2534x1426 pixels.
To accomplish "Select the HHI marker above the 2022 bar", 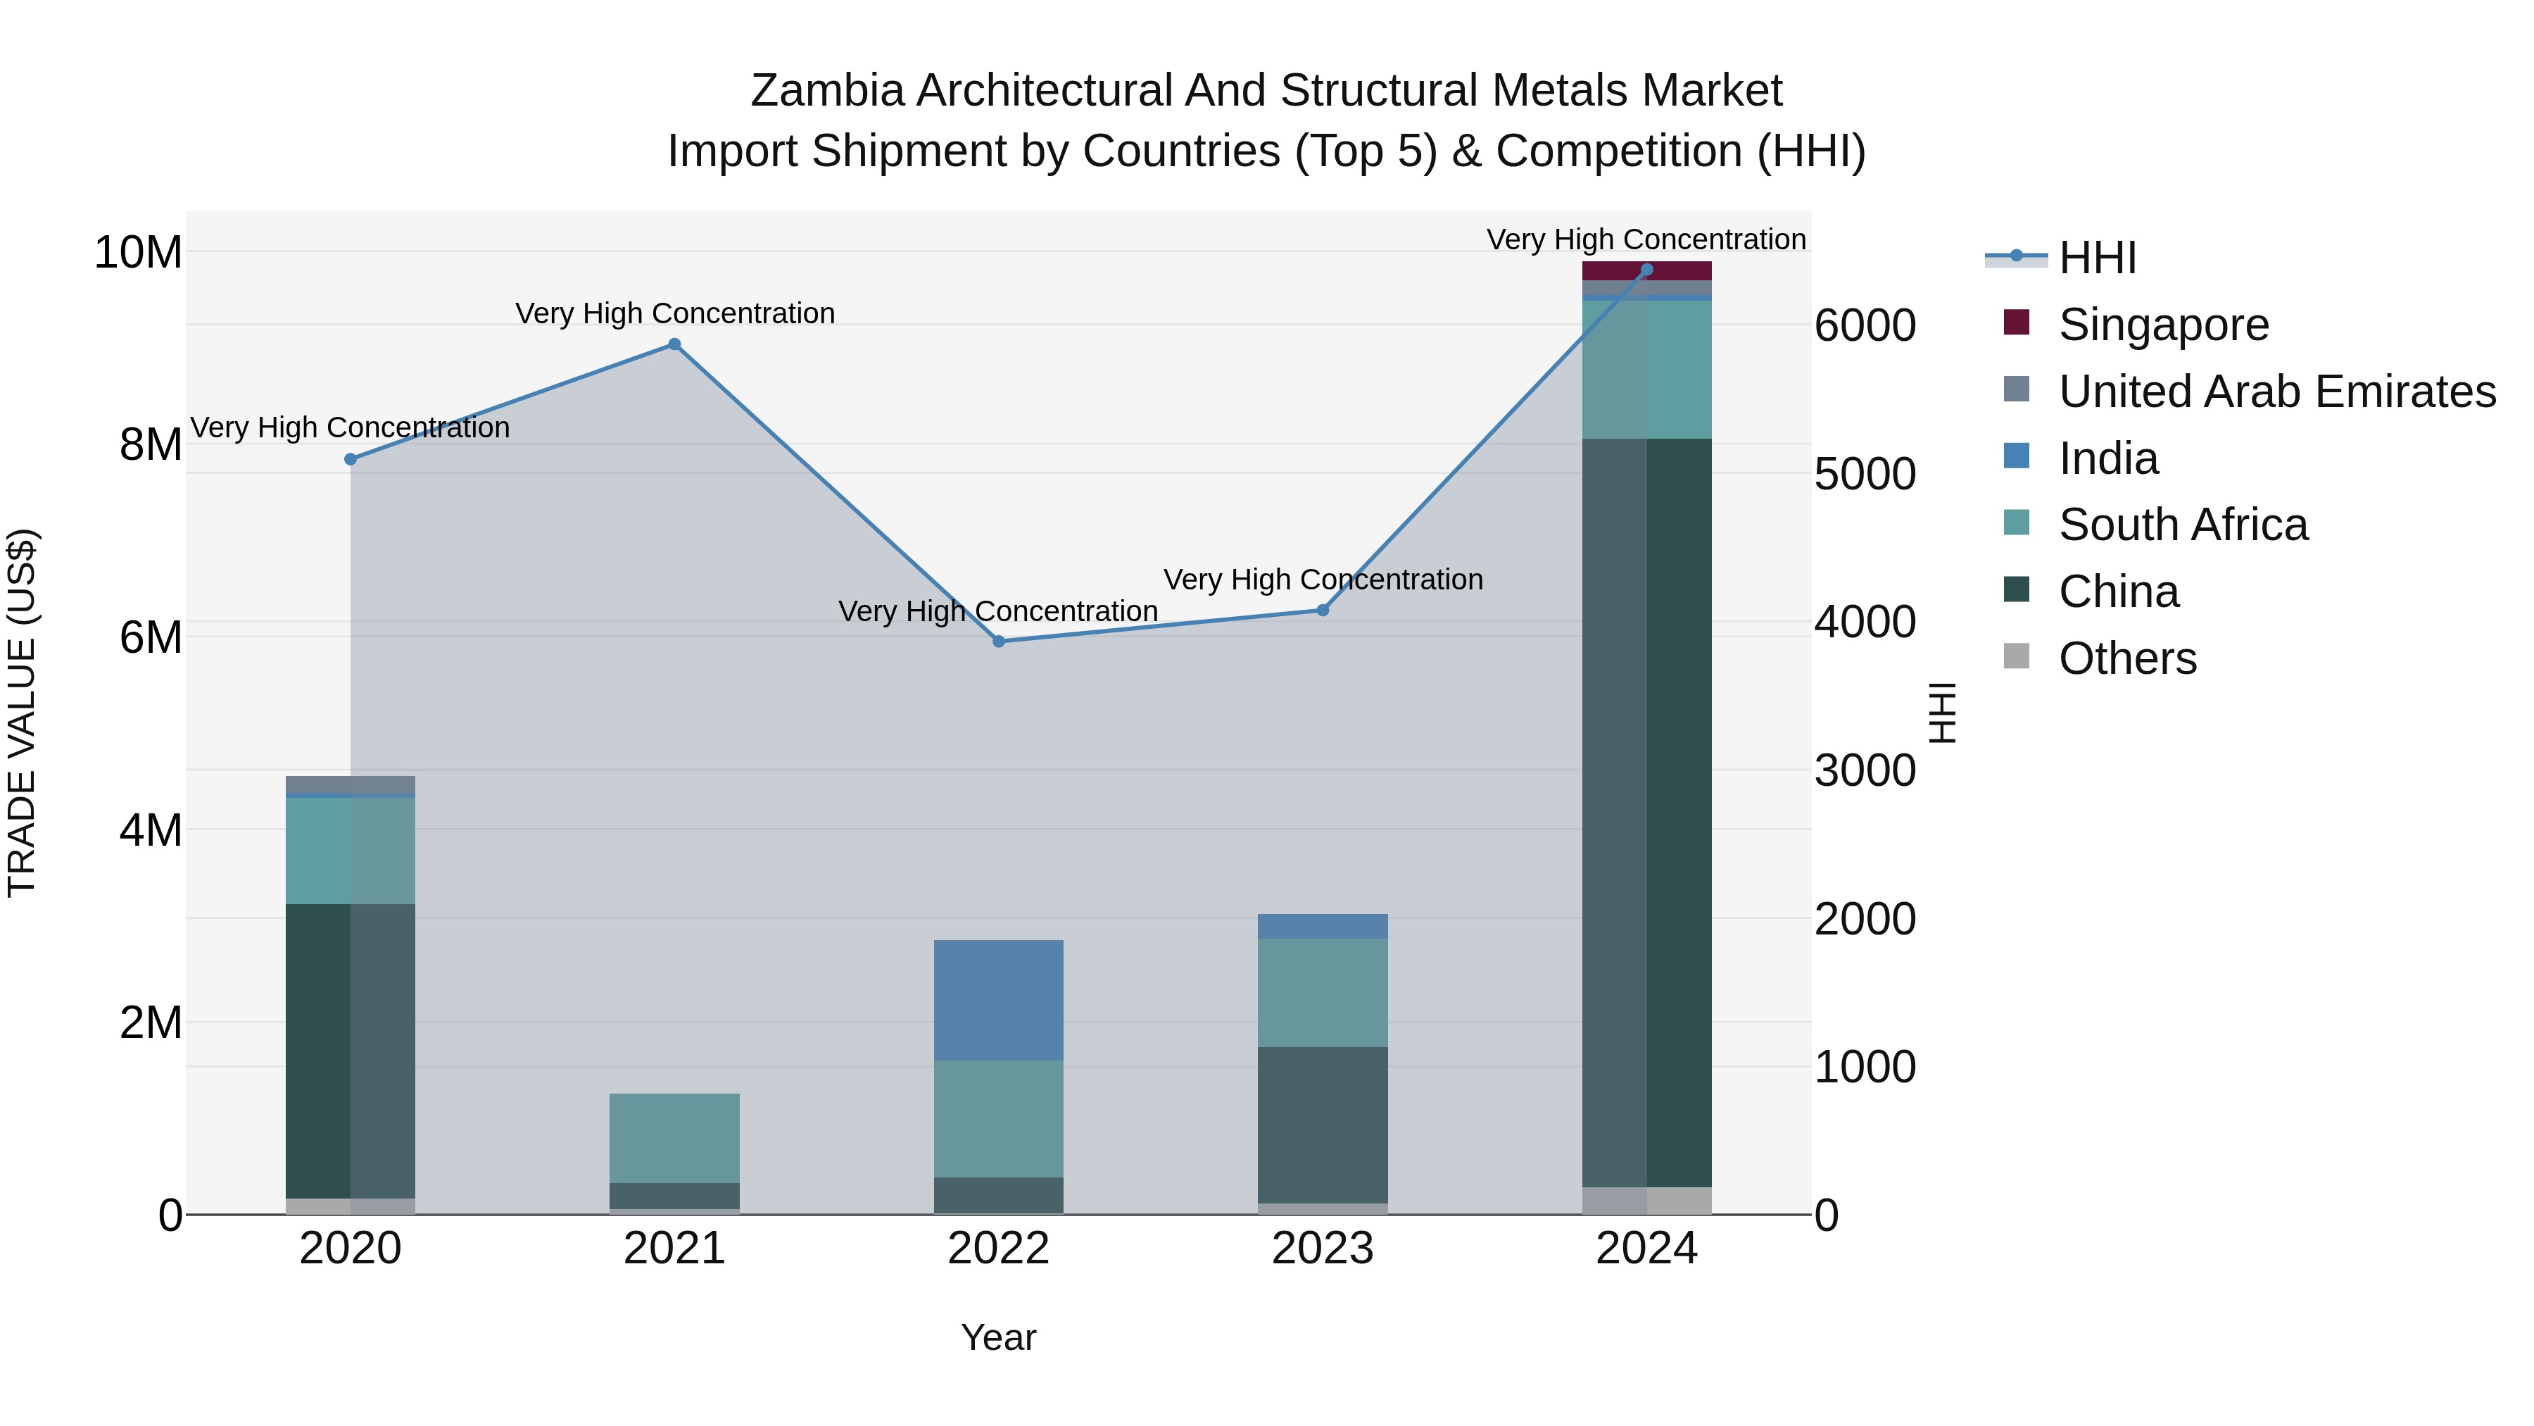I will [998, 642].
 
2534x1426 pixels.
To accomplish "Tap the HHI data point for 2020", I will [351, 460].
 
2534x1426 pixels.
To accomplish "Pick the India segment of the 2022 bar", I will [998, 1000].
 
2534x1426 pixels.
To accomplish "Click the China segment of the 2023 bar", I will [1322, 1124].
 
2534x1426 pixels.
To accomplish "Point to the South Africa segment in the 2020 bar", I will [351, 850].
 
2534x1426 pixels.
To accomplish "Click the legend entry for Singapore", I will [2163, 325].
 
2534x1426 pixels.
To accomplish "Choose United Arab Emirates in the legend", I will [2276, 392].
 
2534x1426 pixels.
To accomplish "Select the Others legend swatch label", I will [2126, 658].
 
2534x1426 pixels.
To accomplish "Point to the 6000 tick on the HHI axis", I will [1864, 326].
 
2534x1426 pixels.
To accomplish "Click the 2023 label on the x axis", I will [1322, 1249].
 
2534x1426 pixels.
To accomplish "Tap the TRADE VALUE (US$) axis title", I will [22, 713].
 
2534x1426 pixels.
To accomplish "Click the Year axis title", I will [998, 1337].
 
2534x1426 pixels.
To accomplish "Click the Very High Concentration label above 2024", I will [1646, 239].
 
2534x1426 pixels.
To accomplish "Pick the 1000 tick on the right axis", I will [1864, 1067].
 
